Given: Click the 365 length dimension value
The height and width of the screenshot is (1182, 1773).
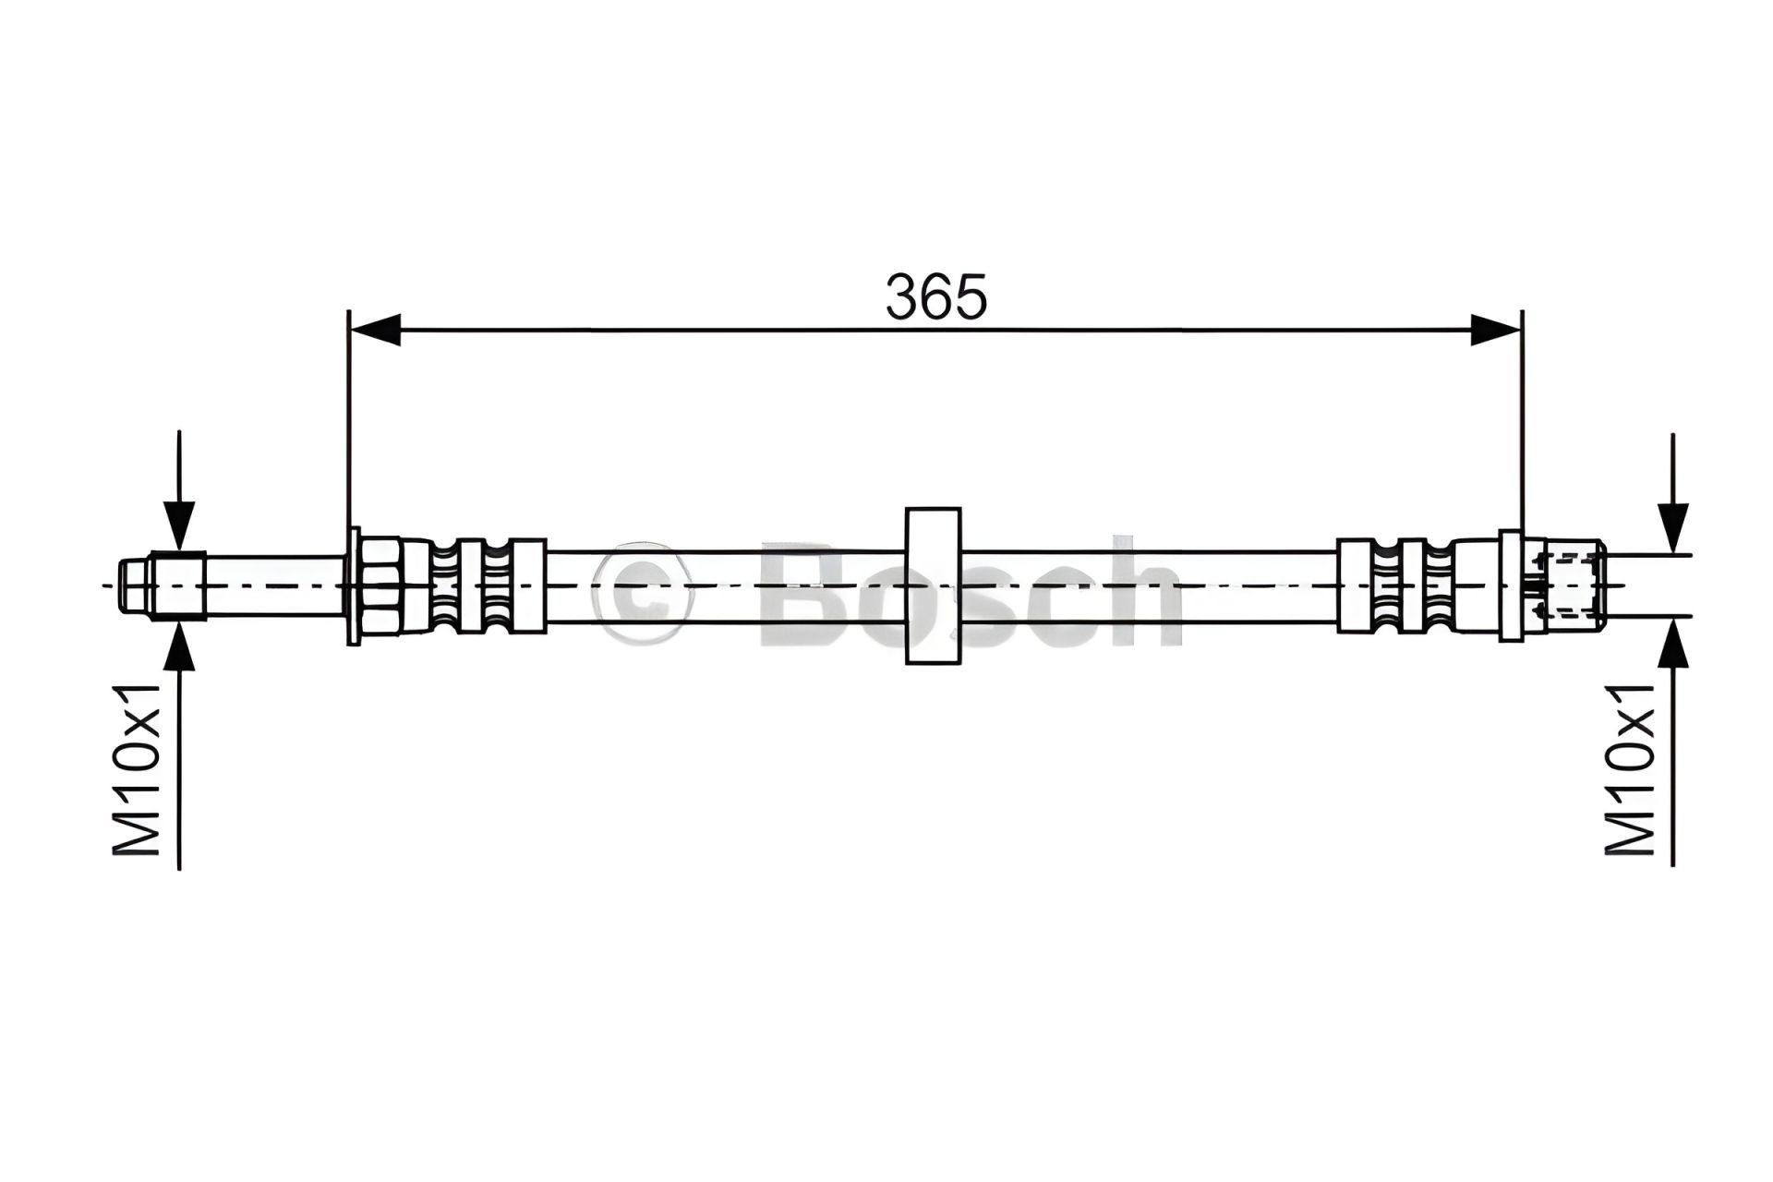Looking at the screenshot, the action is pyautogui.click(x=936, y=295).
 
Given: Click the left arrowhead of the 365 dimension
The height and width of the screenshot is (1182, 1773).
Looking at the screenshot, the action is pyautogui.click(x=375, y=330).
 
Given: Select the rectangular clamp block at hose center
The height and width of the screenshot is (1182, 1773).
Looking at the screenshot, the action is pyautogui.click(x=934, y=585).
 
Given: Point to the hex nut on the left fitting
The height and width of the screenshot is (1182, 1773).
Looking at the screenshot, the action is pyautogui.click(x=380, y=585).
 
